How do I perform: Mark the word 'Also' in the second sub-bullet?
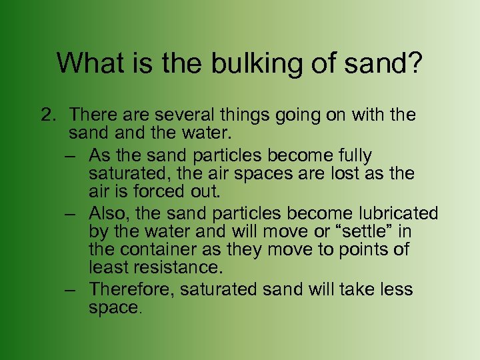click(x=104, y=213)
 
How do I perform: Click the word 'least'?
click(x=107, y=268)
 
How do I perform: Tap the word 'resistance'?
click(x=175, y=268)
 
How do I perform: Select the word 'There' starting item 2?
click(x=93, y=115)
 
